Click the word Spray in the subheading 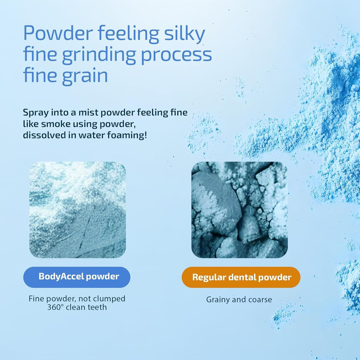[x=36, y=113]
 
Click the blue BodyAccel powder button [x=77, y=277]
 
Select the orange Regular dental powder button [x=241, y=277]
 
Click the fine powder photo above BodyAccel [x=77, y=210]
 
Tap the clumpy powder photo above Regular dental [x=240, y=210]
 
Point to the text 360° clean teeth [x=77, y=307]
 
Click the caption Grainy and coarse [x=239, y=300]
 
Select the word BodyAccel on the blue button [x=61, y=277]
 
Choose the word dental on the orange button [x=242, y=277]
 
